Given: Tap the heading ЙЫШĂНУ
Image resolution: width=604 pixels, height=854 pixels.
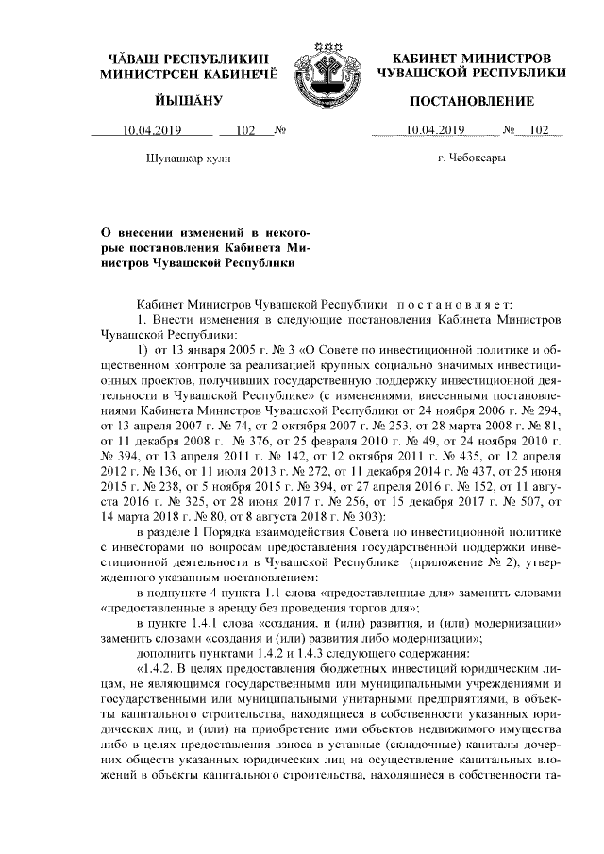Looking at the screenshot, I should point(189,101).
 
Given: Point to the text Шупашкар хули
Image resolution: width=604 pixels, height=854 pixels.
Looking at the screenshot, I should point(189,159).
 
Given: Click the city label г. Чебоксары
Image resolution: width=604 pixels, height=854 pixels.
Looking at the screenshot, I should point(472,159).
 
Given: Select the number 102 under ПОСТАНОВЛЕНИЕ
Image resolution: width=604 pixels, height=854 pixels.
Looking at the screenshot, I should point(539,131).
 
